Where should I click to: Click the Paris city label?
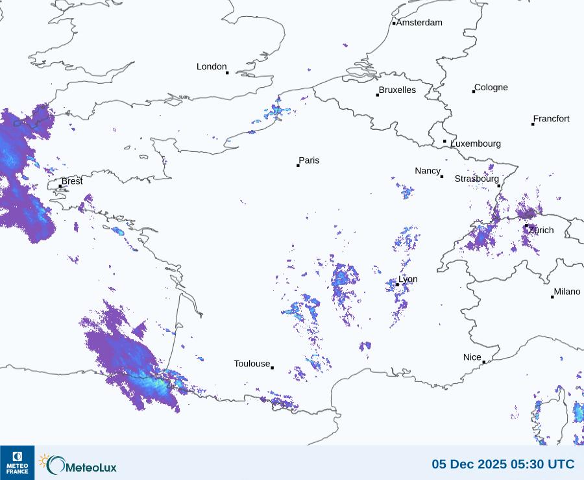(309, 160)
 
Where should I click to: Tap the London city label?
(212, 66)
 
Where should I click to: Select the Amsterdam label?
(419, 23)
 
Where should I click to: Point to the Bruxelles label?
(397, 90)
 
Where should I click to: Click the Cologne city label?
(491, 88)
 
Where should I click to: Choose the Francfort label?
(552, 119)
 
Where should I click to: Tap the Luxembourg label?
(476, 144)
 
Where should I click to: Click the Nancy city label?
(428, 171)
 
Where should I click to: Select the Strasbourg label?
(476, 179)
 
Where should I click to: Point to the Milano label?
(567, 292)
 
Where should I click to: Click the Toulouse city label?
(252, 364)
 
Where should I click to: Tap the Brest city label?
(72, 181)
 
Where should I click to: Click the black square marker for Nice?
(484, 362)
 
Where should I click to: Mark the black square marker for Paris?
(298, 166)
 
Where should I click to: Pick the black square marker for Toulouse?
(272, 368)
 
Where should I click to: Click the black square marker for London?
(227, 73)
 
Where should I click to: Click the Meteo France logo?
(17, 462)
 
